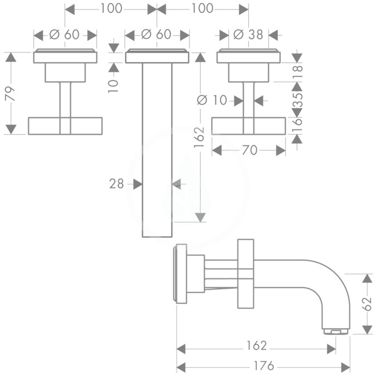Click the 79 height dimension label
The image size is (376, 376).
11,94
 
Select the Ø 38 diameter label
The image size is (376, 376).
248,35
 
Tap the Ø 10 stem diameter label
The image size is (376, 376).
212,100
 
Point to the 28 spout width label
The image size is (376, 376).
116,184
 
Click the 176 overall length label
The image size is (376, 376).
263,366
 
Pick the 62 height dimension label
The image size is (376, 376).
368,304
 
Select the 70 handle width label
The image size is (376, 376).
250,150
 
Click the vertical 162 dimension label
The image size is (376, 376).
199,137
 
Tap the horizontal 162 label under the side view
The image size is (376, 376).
257,345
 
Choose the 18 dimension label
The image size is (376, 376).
297,72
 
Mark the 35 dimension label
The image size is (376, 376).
297,100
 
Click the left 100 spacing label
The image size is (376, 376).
111,8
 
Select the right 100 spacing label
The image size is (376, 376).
202,8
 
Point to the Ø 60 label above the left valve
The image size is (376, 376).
64,35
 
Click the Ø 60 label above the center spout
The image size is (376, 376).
156,35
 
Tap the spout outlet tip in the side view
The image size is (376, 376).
335,331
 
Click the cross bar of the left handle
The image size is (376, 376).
65,126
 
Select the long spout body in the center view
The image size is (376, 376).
157,150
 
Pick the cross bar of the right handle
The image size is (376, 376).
248,126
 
